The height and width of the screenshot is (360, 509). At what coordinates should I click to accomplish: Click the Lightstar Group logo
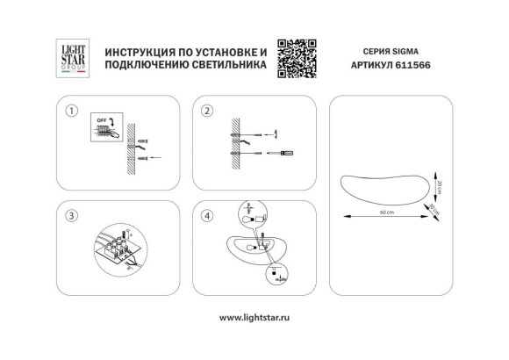pos(70,59)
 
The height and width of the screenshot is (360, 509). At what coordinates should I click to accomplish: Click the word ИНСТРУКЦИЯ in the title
pos(134,52)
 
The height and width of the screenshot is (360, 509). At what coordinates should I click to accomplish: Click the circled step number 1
pos(71,112)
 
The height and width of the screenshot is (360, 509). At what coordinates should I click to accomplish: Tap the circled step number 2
pos(208,112)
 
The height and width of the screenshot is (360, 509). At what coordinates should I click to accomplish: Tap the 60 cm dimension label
pos(386,213)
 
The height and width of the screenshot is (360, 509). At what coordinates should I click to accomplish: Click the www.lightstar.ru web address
pos(254,316)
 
